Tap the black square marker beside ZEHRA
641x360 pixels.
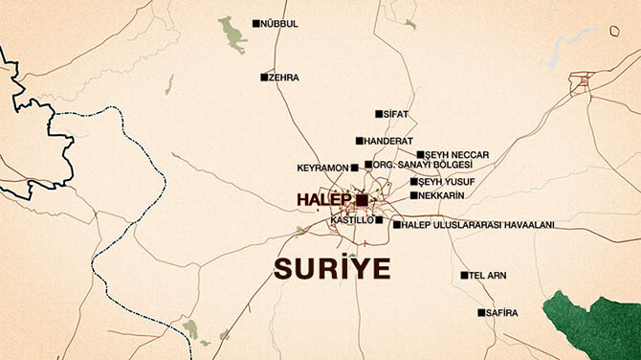point(265,78)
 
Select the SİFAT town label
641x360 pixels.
point(397,114)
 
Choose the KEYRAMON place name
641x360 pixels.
point(322,168)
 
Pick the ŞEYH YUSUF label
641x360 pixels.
point(447,182)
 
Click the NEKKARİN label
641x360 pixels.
point(442,196)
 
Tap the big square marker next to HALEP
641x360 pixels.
point(362,200)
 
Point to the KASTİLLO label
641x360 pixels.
point(350,220)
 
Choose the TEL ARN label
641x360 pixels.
point(488,276)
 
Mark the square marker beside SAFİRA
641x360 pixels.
point(481,312)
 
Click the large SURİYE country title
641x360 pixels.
point(332,269)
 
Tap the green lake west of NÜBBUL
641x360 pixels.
point(231,34)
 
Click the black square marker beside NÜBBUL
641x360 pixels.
point(255,24)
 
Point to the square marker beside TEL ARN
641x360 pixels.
point(464,276)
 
